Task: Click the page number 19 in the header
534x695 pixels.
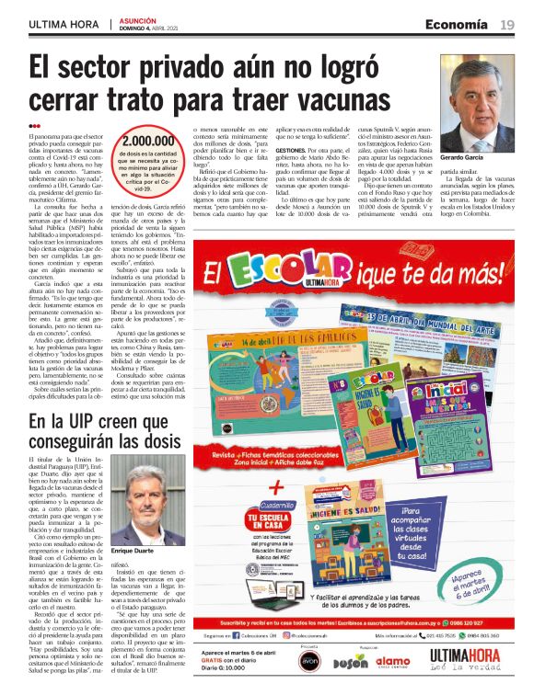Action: (506, 24)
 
